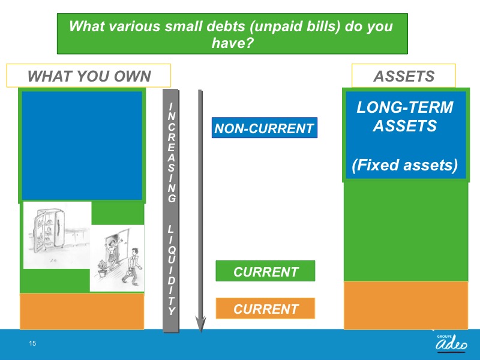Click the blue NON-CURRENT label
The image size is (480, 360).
pyautogui.click(x=265, y=128)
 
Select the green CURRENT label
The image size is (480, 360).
pyautogui.click(x=265, y=271)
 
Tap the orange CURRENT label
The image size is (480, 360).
pyautogui.click(x=265, y=308)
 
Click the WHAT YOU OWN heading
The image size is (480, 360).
pyautogui.click(x=89, y=76)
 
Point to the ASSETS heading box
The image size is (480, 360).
pyautogui.click(x=403, y=76)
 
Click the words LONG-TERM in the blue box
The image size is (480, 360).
pyautogui.click(x=404, y=107)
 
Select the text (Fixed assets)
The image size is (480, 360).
pyautogui.click(x=404, y=165)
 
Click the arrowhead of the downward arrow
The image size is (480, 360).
pyautogui.click(x=200, y=325)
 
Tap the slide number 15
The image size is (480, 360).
pyautogui.click(x=32, y=343)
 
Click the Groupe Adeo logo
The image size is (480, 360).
pyautogui.click(x=451, y=343)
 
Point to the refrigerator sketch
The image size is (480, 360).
pyautogui.click(x=49, y=230)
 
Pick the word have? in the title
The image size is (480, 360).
pyautogui.click(x=233, y=43)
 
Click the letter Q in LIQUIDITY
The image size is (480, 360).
pyautogui.click(x=172, y=250)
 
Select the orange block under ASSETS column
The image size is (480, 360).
pyautogui.click(x=406, y=305)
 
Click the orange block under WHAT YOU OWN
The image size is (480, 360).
pyautogui.click(x=82, y=311)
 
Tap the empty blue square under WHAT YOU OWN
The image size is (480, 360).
pyautogui.click(x=82, y=146)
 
